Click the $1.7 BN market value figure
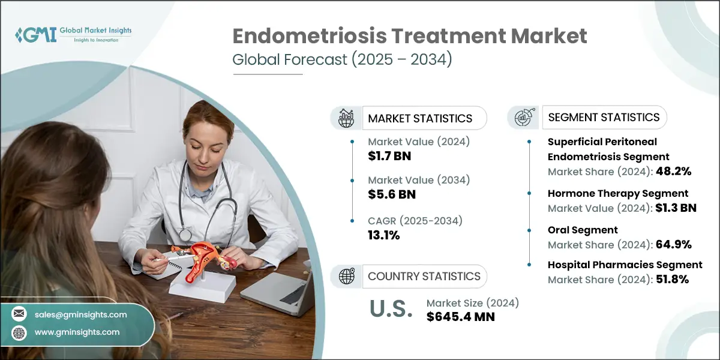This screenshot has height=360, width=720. (389, 157)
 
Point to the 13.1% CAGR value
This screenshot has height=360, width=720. (384, 235)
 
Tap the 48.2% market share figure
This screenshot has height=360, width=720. (674, 171)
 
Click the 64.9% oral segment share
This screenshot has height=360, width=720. (674, 244)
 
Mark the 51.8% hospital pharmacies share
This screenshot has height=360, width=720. (674, 279)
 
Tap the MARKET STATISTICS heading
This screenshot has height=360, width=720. (420, 118)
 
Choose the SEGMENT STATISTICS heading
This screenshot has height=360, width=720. (604, 117)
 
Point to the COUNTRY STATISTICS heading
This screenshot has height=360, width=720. (424, 276)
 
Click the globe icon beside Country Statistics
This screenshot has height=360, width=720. (347, 276)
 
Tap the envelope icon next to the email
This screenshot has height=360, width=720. (20, 314)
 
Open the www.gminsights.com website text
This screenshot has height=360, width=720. (77, 332)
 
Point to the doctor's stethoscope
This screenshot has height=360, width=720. (204, 204)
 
